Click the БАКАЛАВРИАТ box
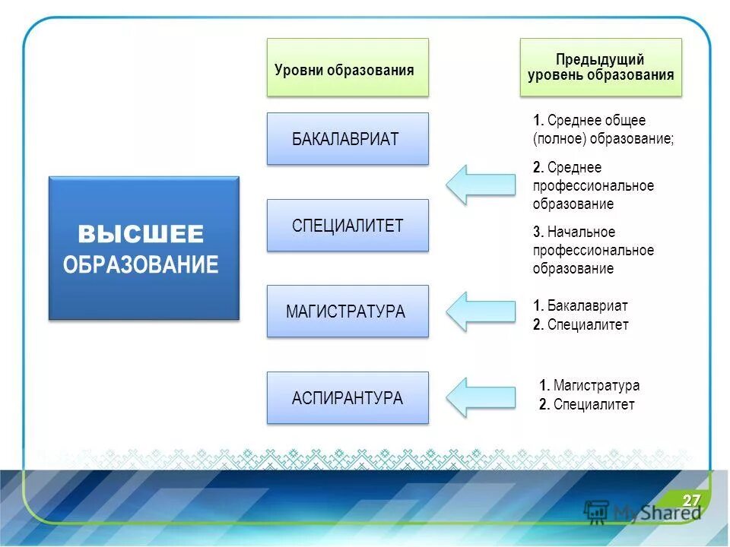pos(348,139)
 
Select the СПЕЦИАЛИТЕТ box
pos(348,226)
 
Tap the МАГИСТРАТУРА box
pos(348,311)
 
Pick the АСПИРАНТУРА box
pos(348,398)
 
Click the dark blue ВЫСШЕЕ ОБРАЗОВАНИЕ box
pos(144,248)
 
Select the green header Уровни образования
pos(348,68)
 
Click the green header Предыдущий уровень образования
pos(601,68)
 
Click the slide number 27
pos(690,500)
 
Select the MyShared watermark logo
pos(643,511)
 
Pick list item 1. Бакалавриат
pos(581,306)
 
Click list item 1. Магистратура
pos(589,385)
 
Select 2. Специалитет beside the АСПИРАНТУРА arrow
pos(586,405)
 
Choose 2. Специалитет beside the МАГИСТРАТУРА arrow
pos(581,325)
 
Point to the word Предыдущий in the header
pos(600,59)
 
